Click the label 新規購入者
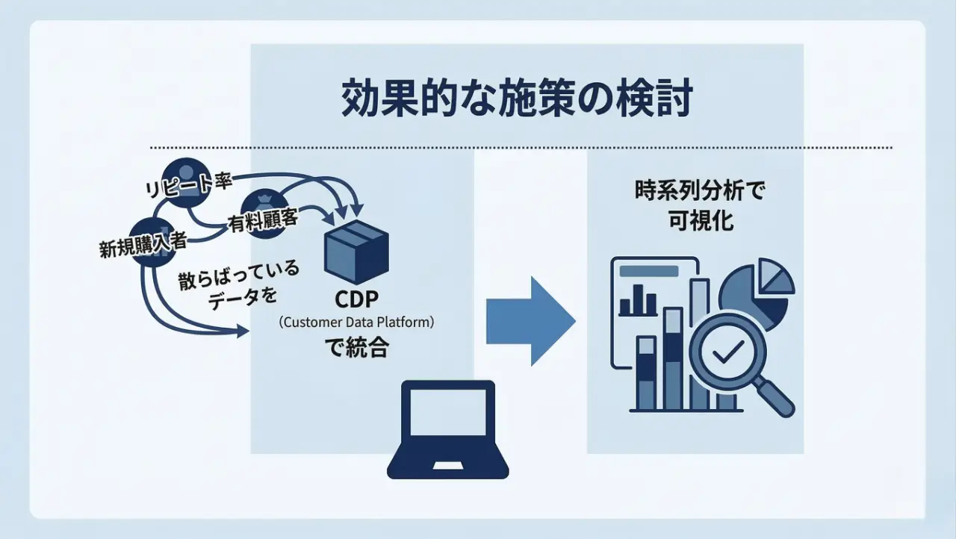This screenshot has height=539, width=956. point(143,245)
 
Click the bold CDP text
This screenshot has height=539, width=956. point(357,300)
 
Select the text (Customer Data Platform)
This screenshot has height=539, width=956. point(356,323)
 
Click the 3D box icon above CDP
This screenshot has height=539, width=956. point(356,252)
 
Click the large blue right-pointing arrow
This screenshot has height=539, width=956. point(530,321)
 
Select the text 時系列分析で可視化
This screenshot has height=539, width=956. point(695,206)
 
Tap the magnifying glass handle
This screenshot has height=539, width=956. point(776,398)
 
